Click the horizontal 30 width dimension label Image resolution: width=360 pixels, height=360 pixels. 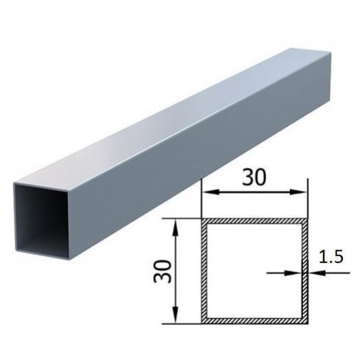click(x=254, y=178)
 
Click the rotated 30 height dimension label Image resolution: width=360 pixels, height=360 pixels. click(x=163, y=271)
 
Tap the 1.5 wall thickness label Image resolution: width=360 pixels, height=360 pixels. click(x=331, y=257)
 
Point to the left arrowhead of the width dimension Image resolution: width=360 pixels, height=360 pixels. click(x=210, y=192)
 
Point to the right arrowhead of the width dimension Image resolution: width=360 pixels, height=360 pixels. click(x=298, y=192)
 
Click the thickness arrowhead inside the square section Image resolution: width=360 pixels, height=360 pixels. click(x=293, y=273)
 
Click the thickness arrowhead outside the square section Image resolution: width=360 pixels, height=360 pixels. click(x=317, y=273)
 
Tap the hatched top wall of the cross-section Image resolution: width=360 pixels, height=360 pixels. click(x=255, y=221)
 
